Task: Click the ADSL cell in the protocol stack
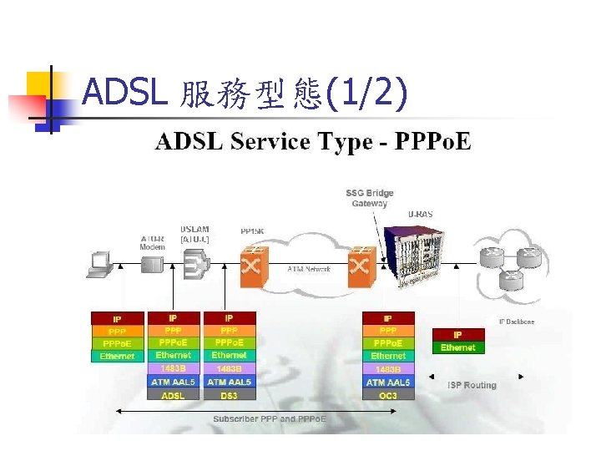coord(174,395)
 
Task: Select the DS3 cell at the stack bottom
coord(228,395)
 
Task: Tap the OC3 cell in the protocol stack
coord(388,395)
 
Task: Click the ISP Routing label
coord(472,385)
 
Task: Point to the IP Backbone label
coord(517,322)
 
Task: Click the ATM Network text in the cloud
coord(309,269)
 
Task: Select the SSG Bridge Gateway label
coord(370,198)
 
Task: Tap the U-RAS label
coord(421,215)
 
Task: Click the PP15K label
coord(254,231)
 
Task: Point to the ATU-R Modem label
coord(152,242)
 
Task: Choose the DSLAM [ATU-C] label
coord(194,234)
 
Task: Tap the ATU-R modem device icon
coord(152,265)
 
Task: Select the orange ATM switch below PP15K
coord(253,266)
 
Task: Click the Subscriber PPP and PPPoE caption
coord(269,418)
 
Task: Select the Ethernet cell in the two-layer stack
coord(457,347)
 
